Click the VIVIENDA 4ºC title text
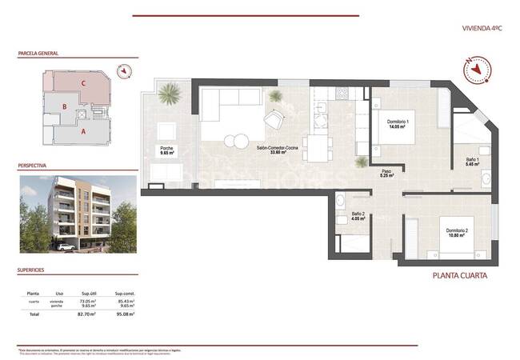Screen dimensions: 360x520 click(x=482, y=28)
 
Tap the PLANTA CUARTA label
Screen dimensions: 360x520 click(x=458, y=276)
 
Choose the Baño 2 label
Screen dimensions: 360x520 click(x=358, y=215)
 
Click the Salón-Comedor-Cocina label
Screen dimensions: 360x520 click(x=276, y=150)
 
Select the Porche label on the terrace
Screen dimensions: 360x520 click(x=166, y=150)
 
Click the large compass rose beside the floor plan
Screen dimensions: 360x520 click(x=477, y=70)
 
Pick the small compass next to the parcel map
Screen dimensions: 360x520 click(x=123, y=71)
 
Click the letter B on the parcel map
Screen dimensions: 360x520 click(x=64, y=106)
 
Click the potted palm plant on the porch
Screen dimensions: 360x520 click(x=169, y=95)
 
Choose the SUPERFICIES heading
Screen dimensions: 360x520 click(x=33, y=270)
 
